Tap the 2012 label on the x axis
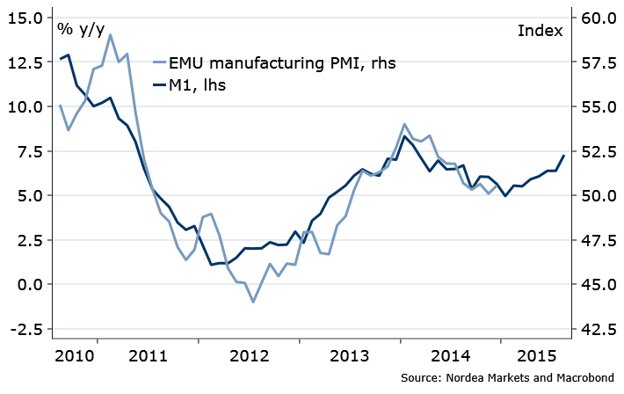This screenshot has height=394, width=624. pos(249,357)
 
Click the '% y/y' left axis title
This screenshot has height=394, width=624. pos(80,29)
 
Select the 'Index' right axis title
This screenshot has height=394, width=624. pos(541,31)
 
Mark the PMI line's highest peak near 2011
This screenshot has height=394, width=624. pos(111,35)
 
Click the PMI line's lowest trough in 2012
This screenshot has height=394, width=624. pos(253,303)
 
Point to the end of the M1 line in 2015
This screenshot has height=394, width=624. pos(563,156)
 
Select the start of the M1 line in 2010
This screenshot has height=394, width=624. pos(60,59)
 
